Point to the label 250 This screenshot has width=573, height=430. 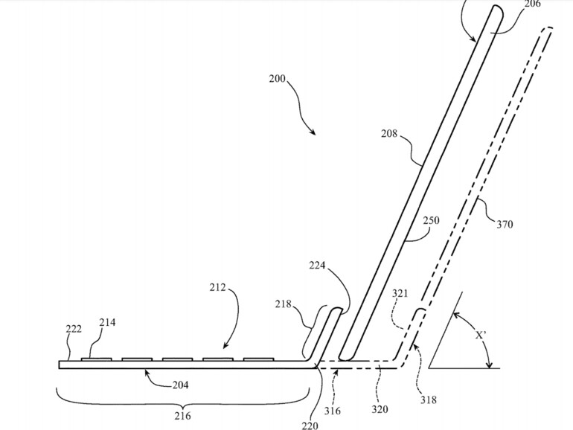pos(431,221)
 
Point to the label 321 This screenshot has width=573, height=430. pos(400,295)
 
